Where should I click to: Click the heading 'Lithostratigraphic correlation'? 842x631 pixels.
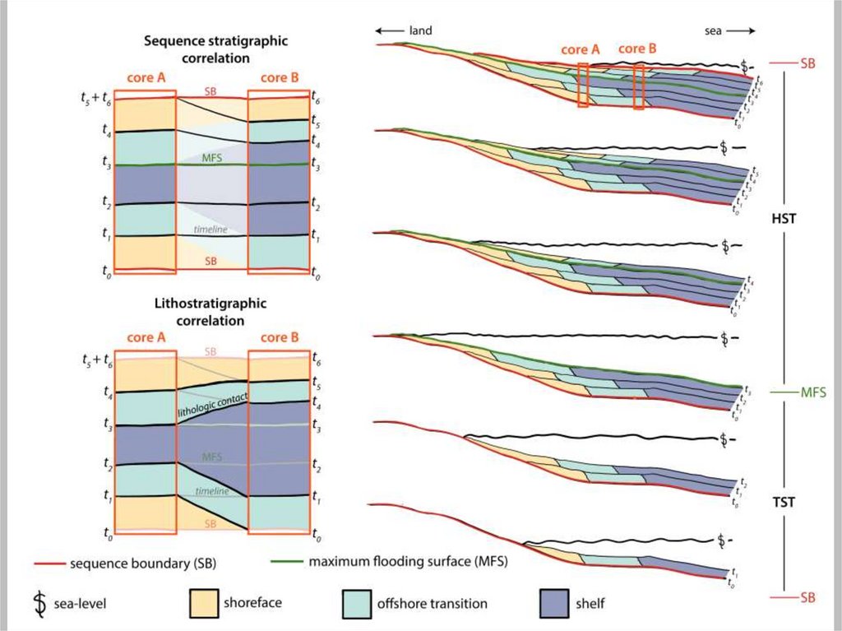210,311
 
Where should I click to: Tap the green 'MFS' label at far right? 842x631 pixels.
812,393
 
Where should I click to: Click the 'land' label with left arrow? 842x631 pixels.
404,30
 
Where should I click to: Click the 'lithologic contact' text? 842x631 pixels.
212,404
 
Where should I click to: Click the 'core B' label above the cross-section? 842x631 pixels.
637,49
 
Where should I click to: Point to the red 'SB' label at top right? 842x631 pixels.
807,63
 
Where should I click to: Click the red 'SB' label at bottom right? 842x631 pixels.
807,597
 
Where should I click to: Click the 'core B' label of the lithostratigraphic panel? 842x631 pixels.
280,338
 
